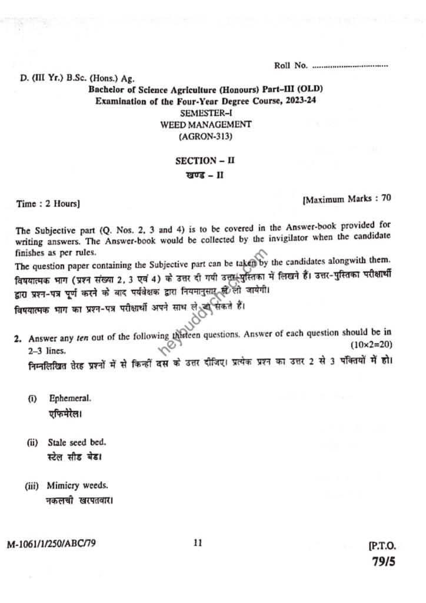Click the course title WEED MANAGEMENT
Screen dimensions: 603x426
[x=206, y=124]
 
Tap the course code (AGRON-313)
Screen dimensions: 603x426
[x=206, y=136]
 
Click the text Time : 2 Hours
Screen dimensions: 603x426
[x=48, y=204]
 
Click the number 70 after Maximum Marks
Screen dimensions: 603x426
[x=386, y=198]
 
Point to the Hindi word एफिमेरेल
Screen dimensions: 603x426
[x=65, y=413]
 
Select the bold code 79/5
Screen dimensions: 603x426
[x=384, y=561]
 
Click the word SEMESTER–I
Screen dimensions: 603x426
[x=206, y=112]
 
